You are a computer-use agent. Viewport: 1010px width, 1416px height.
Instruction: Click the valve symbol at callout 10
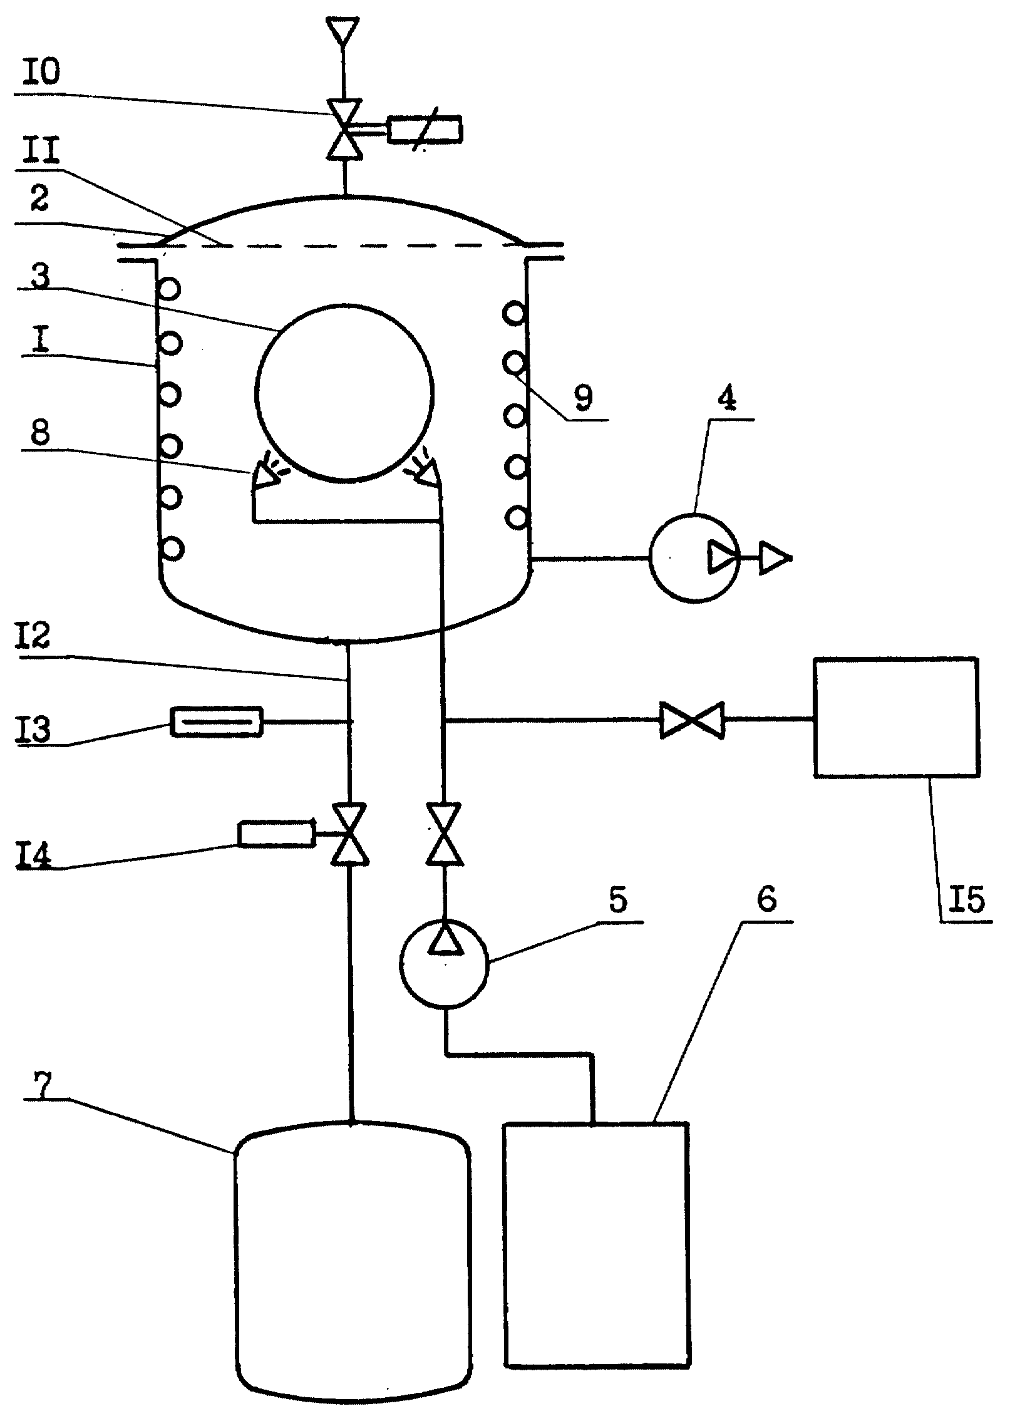(x=344, y=130)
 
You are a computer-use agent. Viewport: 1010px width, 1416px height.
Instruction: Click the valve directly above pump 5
(x=445, y=834)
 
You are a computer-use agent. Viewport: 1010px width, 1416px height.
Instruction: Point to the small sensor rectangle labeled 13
(x=217, y=721)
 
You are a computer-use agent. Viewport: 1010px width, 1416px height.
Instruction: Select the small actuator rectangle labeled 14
(x=276, y=834)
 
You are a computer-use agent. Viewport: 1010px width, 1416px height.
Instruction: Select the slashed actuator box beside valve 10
(x=425, y=130)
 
